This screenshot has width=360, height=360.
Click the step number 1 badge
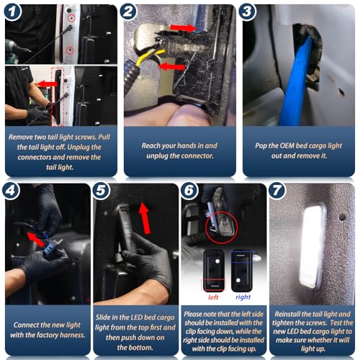[13, 12]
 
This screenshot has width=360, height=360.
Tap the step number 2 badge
[128, 12]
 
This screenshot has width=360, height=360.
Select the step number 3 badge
[247, 12]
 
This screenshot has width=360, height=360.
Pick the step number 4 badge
[11, 191]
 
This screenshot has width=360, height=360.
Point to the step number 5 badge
[101, 191]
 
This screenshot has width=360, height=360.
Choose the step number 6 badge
[189, 191]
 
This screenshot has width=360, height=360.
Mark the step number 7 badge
[277, 191]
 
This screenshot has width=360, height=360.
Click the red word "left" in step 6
[213, 297]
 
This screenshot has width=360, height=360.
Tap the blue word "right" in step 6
[243, 297]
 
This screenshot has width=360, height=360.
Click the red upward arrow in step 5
[145, 218]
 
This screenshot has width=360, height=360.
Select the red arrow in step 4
[36, 239]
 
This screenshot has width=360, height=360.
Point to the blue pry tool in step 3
[296, 81]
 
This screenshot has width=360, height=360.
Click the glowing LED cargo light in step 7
[312, 246]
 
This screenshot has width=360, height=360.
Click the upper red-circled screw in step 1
[71, 18]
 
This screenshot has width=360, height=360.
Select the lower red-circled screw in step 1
[70, 50]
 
